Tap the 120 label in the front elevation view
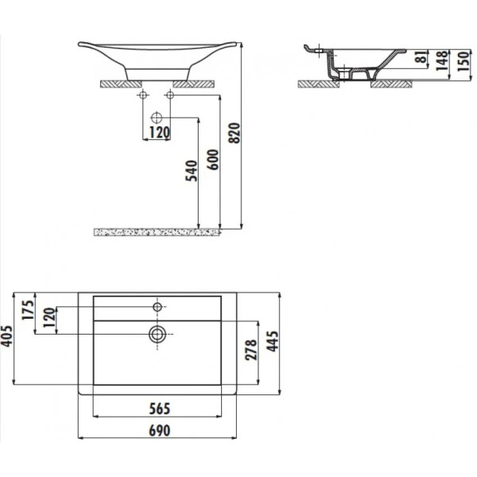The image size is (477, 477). [x=158, y=133]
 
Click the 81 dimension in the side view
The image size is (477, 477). [x=419, y=60]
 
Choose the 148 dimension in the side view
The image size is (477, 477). [x=440, y=60]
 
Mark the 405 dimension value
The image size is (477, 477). [x=9, y=340]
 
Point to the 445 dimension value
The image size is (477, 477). [x=273, y=344]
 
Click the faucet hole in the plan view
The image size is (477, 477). [x=157, y=306]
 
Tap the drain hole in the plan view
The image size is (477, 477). [x=157, y=334]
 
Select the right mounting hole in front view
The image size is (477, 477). [x=169, y=95]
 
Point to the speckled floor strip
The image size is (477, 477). [x=156, y=232]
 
